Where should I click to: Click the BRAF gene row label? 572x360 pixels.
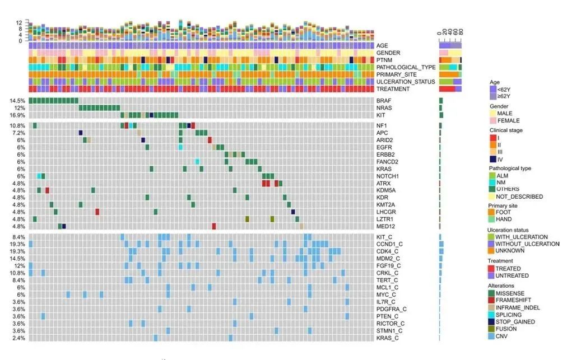tap(384, 101)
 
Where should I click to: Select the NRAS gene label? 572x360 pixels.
tap(384, 108)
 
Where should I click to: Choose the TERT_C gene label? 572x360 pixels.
tap(388, 280)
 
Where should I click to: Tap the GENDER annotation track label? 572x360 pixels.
tap(388, 53)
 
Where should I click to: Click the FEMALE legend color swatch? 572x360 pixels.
tap(493, 120)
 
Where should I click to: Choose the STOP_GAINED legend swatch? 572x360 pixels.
tap(493, 322)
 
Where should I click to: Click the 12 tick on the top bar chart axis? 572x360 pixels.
tap(19, 22)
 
